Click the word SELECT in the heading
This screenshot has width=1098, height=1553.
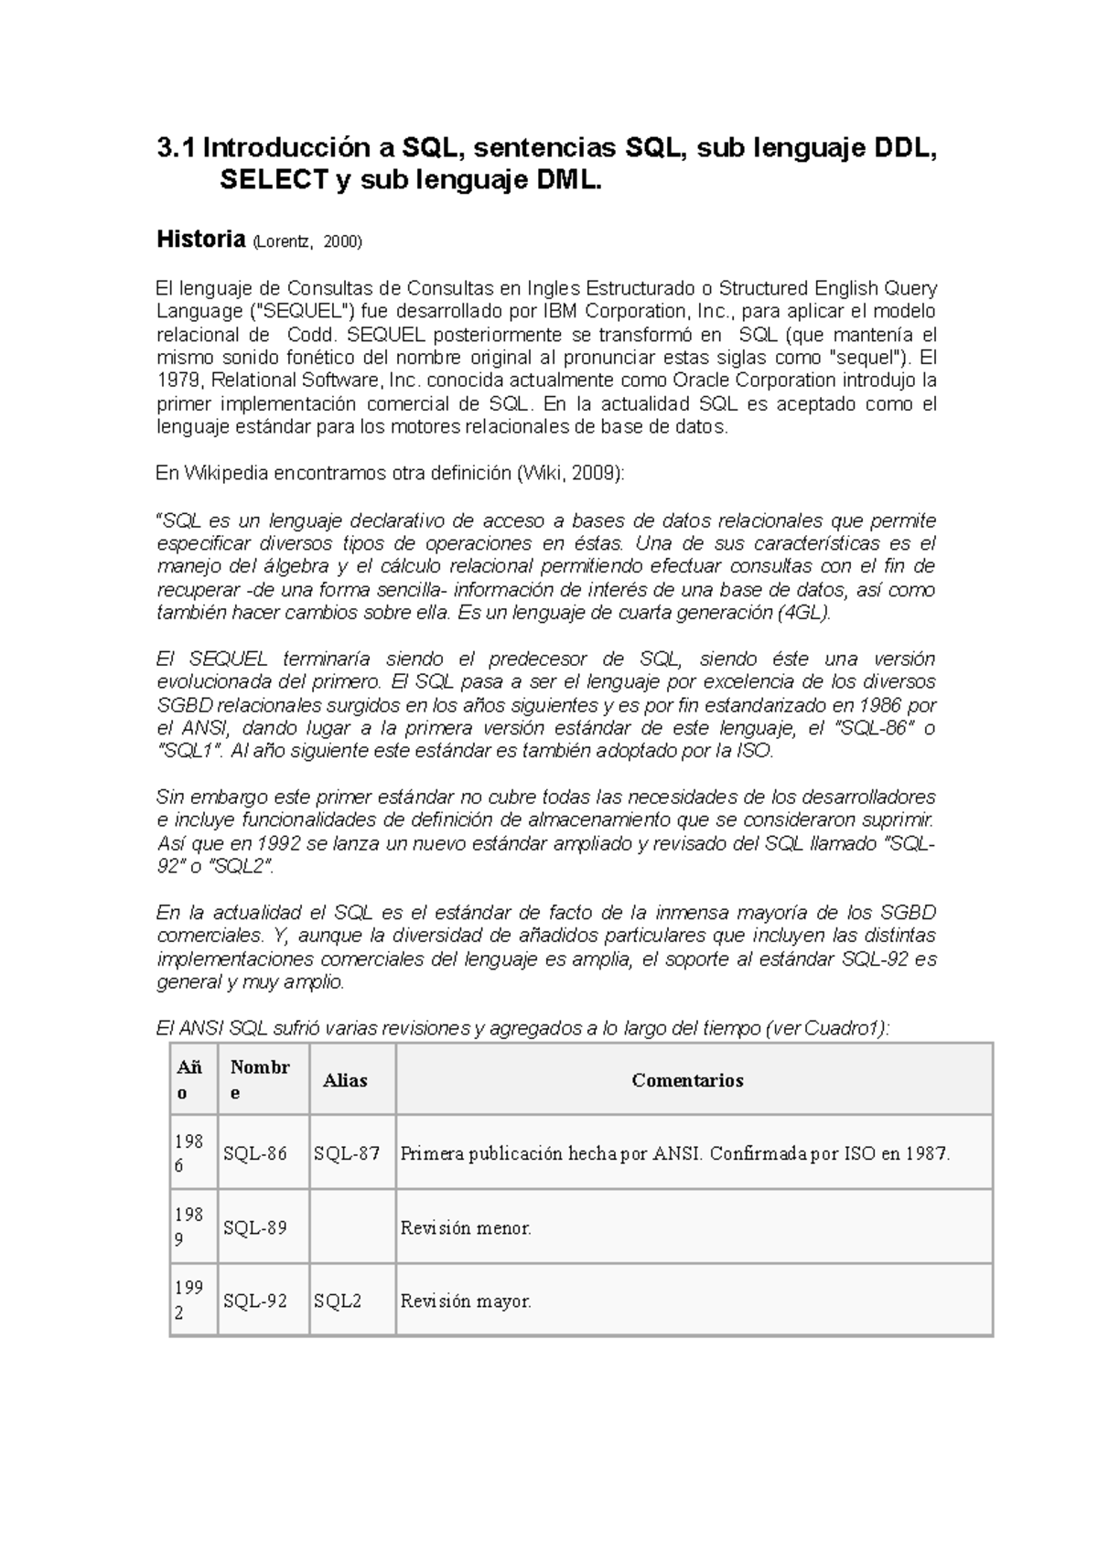272,181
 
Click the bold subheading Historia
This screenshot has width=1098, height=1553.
200,240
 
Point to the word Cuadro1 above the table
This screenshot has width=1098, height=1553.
845,1028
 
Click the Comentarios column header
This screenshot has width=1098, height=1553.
687,1080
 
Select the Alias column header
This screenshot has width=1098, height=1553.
345,1080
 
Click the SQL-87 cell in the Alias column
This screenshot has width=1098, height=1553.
346,1153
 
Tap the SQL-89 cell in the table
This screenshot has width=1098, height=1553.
254,1227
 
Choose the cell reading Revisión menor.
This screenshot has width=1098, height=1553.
466,1227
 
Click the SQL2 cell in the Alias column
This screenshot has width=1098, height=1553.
337,1301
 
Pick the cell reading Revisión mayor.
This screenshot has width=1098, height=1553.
466,1301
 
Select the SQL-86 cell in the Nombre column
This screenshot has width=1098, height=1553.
254,1153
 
